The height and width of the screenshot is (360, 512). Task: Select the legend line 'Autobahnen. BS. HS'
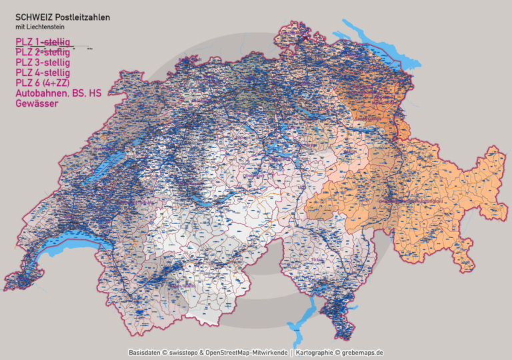tap(58, 93)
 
